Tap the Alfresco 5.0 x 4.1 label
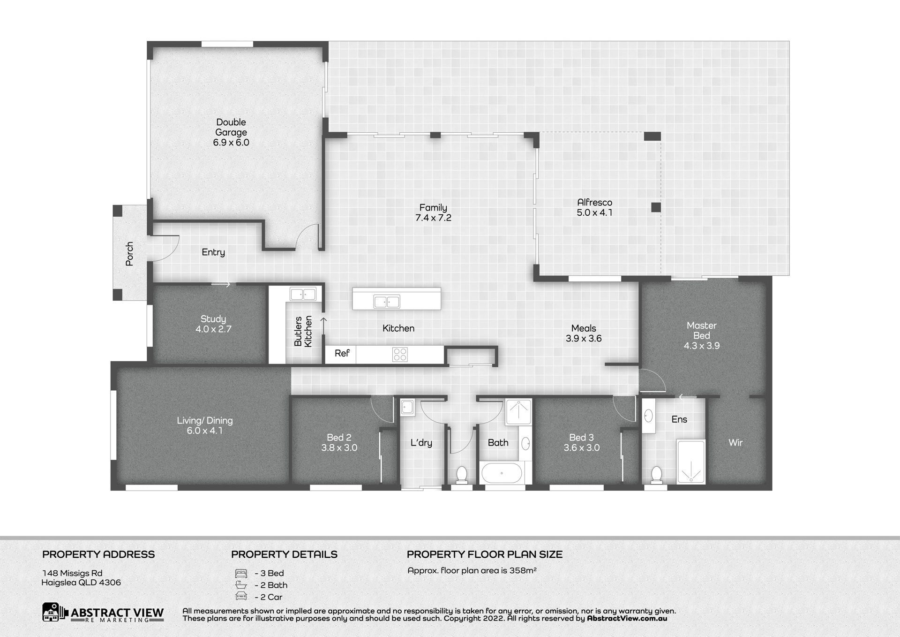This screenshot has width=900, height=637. (594, 207)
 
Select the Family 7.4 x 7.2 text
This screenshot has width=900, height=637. (433, 212)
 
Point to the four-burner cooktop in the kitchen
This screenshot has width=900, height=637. (400, 354)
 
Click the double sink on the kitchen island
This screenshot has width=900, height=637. (387, 302)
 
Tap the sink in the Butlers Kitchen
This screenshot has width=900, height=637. (303, 294)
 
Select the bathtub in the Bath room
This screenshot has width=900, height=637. (501, 473)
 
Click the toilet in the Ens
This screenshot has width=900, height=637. (656, 475)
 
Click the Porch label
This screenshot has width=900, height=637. (129, 254)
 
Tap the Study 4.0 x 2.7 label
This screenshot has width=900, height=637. (213, 324)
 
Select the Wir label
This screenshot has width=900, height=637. (735, 442)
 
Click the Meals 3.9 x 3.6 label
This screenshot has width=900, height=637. (584, 334)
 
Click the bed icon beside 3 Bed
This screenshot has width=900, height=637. (241, 573)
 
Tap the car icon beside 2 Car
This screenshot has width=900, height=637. (241, 597)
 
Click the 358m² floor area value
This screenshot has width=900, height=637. (523, 570)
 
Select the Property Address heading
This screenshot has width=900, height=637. (98, 554)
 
